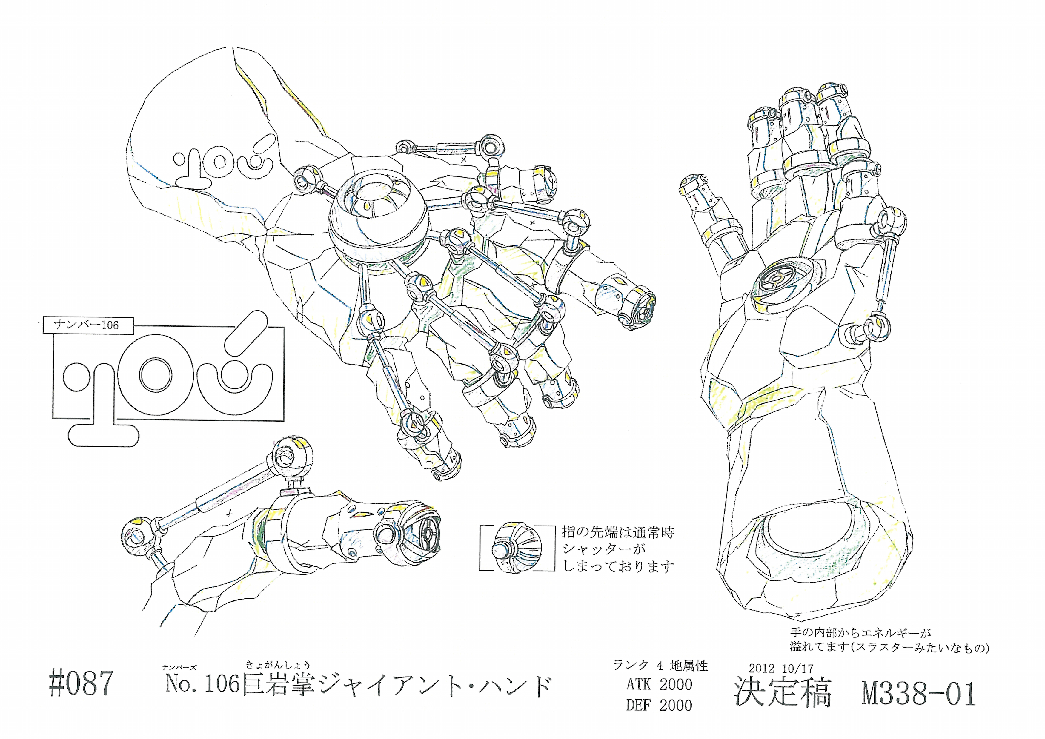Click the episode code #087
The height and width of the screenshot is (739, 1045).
[81, 683]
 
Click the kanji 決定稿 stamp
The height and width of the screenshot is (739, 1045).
[783, 693]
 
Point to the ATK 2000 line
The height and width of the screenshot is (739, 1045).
[659, 684]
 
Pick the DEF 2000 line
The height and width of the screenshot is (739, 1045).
[659, 705]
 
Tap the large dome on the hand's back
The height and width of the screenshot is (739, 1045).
[377, 219]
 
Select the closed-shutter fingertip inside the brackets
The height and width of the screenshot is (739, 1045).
[517, 548]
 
